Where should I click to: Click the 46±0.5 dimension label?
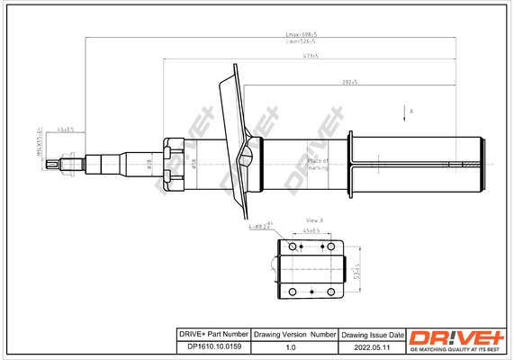pos(65,130)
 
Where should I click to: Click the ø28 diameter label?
pos(149,164)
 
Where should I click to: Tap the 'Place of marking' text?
pos(318,164)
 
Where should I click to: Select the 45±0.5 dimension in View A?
pos(311,230)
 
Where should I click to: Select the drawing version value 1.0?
pos(291,346)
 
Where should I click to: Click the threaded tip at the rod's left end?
pos(64,164)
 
